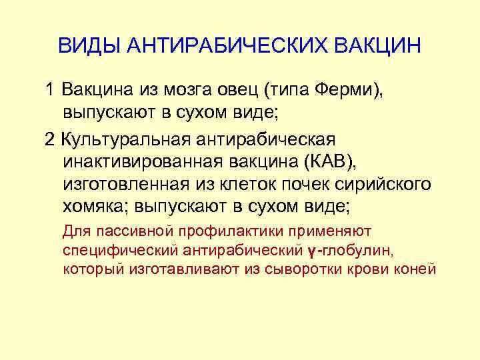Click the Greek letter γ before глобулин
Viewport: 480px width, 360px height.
312,252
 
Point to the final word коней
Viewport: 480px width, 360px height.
415,269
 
